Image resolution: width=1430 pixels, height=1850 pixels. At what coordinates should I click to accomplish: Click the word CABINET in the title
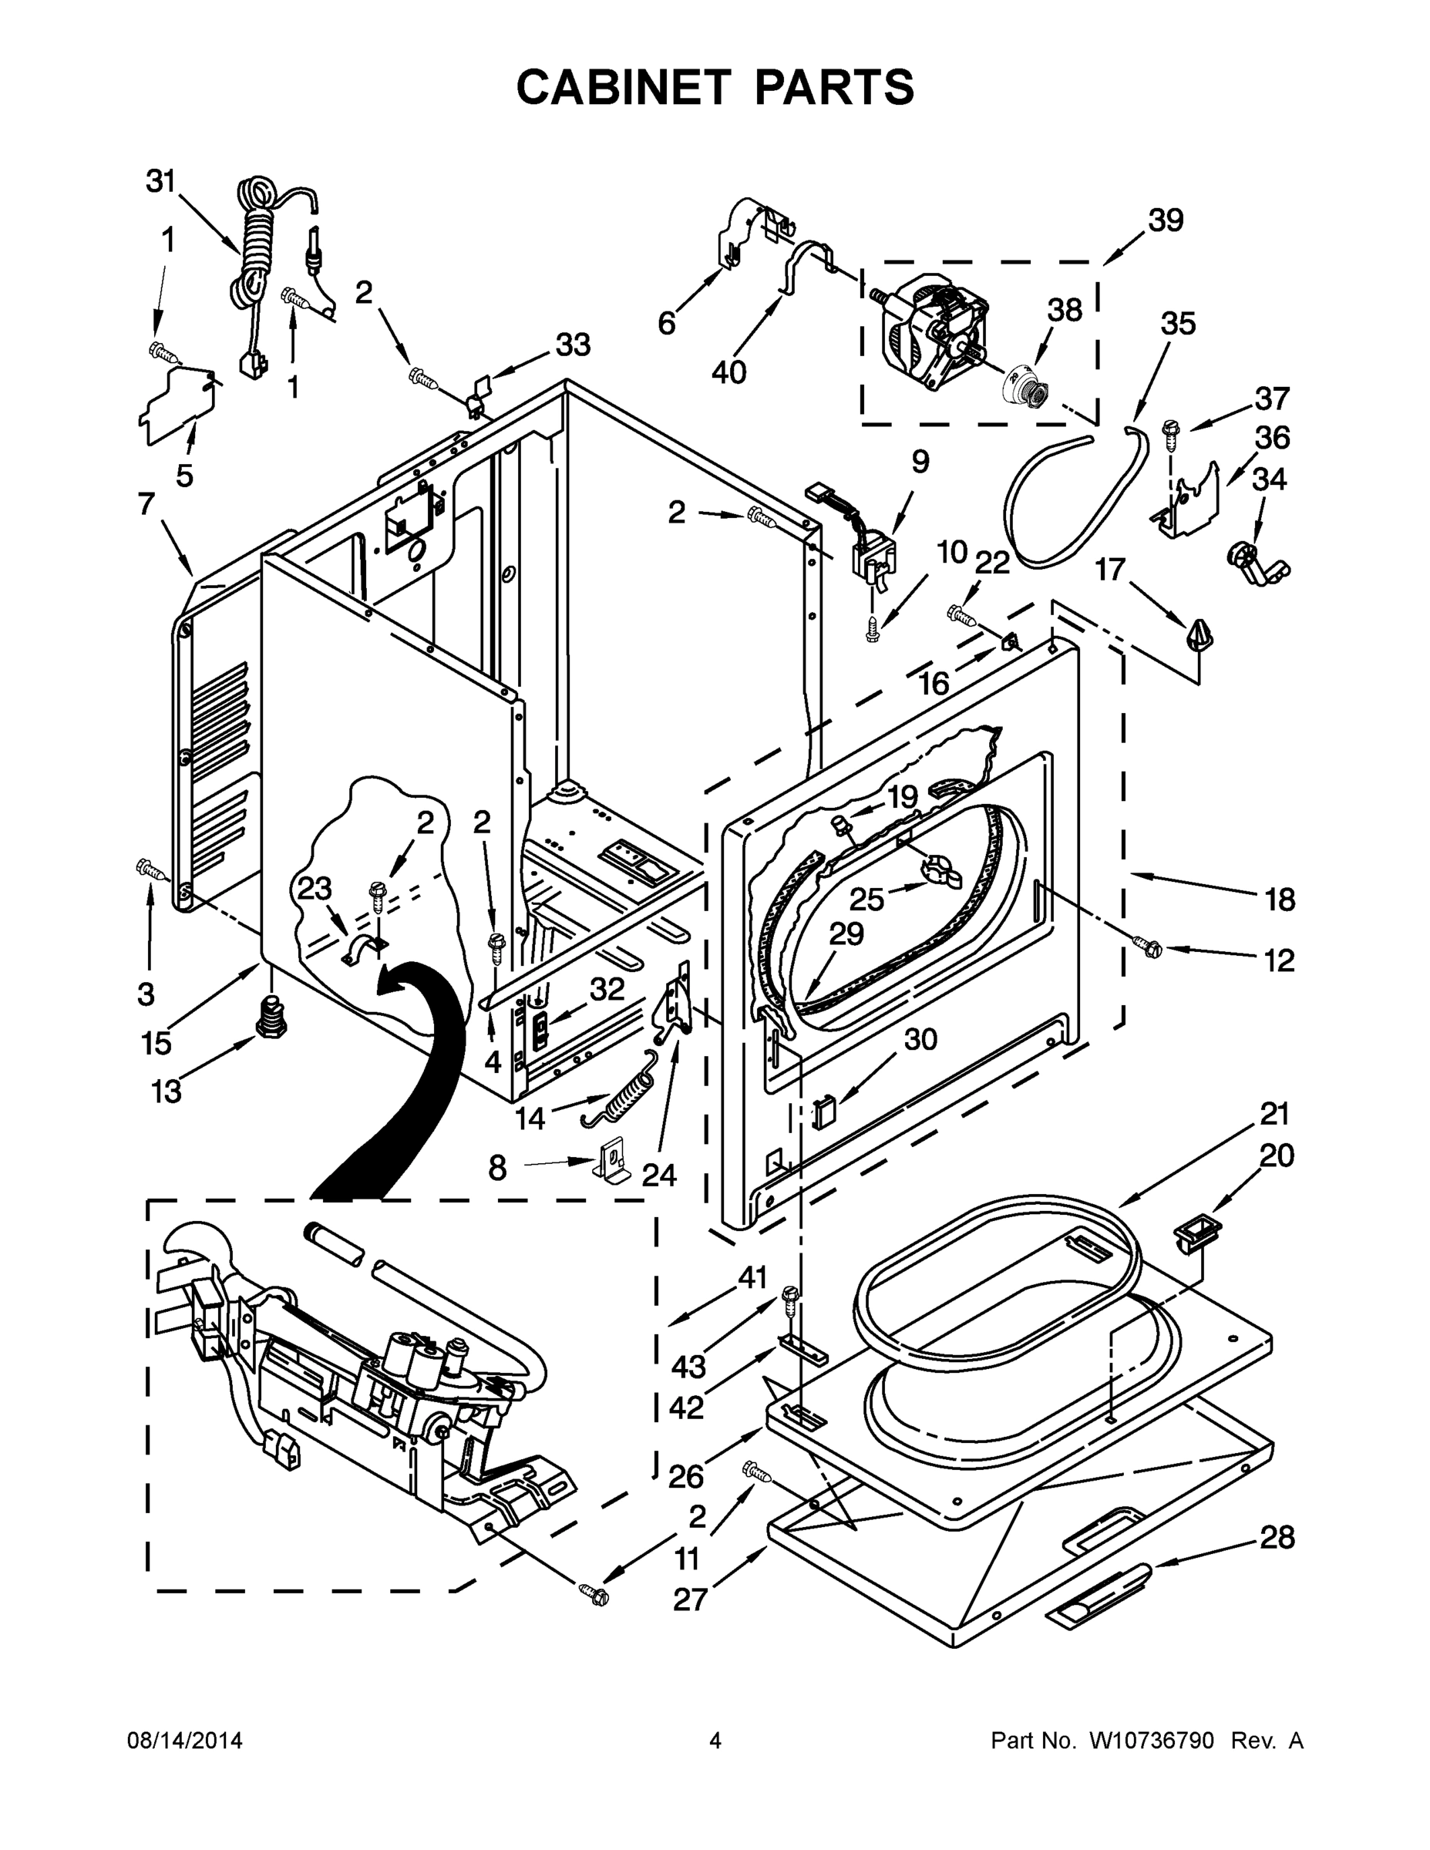coord(623,86)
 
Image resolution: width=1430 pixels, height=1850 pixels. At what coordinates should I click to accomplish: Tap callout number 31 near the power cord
coord(160,180)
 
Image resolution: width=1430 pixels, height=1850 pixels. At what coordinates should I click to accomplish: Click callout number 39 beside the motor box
coord(1166,220)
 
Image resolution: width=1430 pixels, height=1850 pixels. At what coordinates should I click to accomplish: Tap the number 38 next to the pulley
coord(1065,311)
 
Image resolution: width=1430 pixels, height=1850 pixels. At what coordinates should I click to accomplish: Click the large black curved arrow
coord(398,1093)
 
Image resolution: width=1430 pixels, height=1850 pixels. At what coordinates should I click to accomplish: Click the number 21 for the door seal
coord(1274,1113)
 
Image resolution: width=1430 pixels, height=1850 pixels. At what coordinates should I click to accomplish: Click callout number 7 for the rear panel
coord(146,504)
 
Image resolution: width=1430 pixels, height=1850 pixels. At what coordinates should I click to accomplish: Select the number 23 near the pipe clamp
coord(315,889)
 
